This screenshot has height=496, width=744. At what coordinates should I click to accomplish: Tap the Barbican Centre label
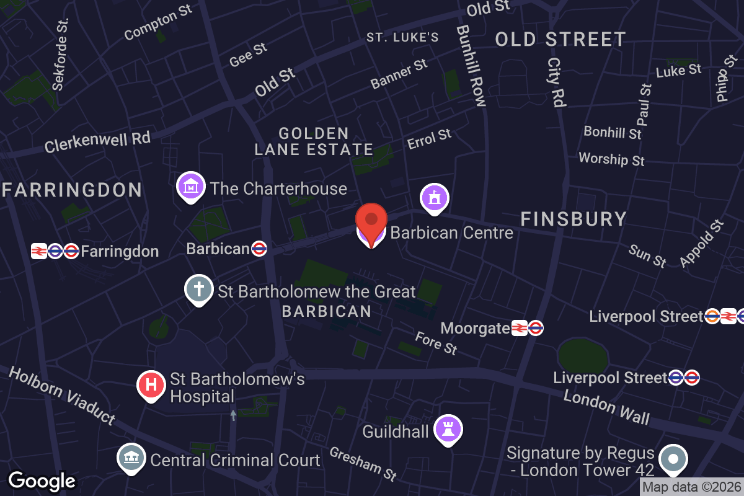[x=452, y=233]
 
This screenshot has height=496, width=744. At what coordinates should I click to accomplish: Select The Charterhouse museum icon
[x=192, y=186]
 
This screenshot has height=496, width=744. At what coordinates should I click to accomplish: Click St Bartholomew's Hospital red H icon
[x=151, y=385]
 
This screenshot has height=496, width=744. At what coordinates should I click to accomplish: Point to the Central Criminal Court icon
[x=131, y=459]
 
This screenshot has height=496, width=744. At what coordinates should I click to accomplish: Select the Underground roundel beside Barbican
[x=259, y=249]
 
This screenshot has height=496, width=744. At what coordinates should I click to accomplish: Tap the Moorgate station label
[x=474, y=328]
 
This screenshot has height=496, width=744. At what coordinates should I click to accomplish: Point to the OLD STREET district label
[x=560, y=40]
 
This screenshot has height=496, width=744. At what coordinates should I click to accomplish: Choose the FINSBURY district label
[x=573, y=219]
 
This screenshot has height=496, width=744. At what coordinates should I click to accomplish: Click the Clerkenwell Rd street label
[x=97, y=142]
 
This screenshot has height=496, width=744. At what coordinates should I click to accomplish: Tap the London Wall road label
[x=606, y=407]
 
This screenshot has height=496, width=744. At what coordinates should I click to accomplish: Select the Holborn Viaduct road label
[x=62, y=395]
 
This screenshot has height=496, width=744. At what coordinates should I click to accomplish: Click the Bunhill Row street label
[x=470, y=66]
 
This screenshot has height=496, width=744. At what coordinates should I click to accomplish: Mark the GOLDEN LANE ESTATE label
[x=314, y=142]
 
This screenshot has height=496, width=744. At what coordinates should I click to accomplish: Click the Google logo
[x=42, y=480]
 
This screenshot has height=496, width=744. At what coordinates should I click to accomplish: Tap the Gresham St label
[x=363, y=463]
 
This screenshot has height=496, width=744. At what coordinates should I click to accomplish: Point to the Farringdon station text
[x=120, y=251]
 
